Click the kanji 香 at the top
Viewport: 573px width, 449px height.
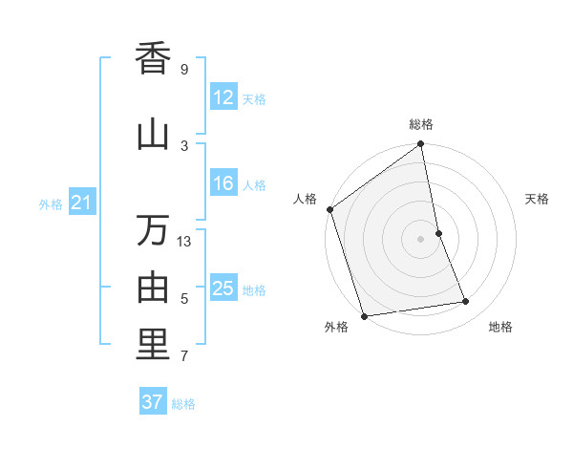(x=153, y=58)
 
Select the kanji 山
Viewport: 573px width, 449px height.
(x=153, y=134)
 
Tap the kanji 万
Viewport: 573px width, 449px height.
(x=153, y=230)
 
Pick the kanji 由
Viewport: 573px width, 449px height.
(x=153, y=287)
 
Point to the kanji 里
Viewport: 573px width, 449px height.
(x=153, y=345)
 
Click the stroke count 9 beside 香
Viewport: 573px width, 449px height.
(x=184, y=70)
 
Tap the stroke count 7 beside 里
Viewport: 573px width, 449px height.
(x=184, y=356)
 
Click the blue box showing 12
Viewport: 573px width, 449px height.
(x=223, y=97)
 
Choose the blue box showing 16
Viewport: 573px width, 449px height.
(x=223, y=183)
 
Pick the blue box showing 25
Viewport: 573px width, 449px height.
(x=223, y=289)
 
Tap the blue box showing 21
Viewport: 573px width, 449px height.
(x=81, y=203)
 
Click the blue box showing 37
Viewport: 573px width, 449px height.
(x=153, y=402)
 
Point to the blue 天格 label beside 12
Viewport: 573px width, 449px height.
(x=254, y=99)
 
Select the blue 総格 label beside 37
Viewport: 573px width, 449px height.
(x=183, y=404)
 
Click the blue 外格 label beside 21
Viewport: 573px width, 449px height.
(x=51, y=203)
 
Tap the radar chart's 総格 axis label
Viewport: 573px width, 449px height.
(x=421, y=124)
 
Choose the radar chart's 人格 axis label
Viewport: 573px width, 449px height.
(x=306, y=199)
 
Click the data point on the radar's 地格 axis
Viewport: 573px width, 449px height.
(x=466, y=302)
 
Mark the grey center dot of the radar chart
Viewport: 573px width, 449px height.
(x=421, y=239)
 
